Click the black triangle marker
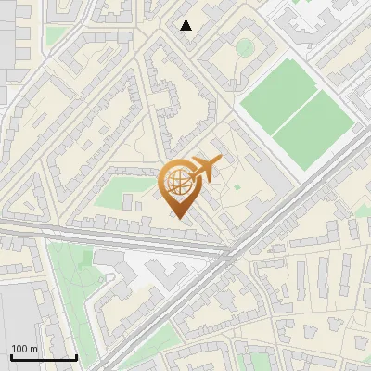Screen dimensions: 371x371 (x=186, y=25)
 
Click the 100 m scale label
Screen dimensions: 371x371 (x=23, y=349)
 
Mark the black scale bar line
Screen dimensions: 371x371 (x=44, y=357)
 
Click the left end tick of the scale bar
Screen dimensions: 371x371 (x=11, y=355)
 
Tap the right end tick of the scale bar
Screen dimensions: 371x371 (x=76, y=355)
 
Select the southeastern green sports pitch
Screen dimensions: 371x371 (x=315, y=129)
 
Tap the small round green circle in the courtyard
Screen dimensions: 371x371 (x=244, y=46)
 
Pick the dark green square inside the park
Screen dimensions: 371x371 (x=88, y=258)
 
